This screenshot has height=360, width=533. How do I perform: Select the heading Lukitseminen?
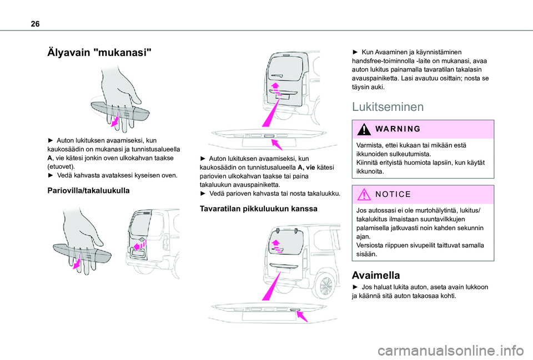click(388, 107)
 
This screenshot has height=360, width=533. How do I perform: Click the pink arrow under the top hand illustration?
click(115, 119)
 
